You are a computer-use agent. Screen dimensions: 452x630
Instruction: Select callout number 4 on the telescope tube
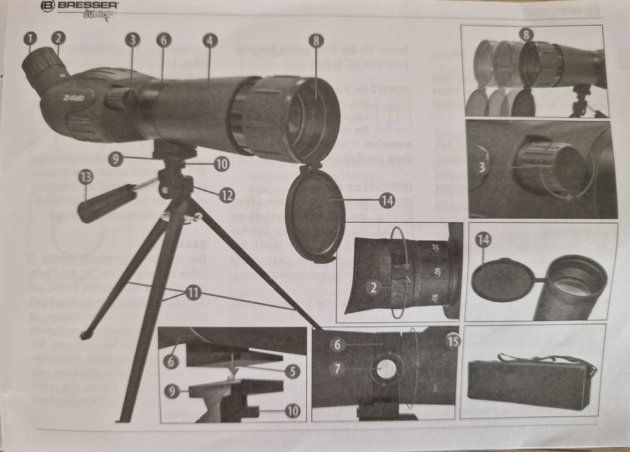[209, 40]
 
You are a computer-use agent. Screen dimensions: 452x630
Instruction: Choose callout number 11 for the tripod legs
[193, 293]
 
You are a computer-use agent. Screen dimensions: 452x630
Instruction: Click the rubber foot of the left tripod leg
[85, 335]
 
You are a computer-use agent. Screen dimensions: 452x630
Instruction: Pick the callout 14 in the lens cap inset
[483, 240]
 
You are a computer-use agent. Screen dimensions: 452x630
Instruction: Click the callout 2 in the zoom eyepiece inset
[373, 289]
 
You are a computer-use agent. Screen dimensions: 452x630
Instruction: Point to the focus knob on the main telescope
[120, 98]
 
